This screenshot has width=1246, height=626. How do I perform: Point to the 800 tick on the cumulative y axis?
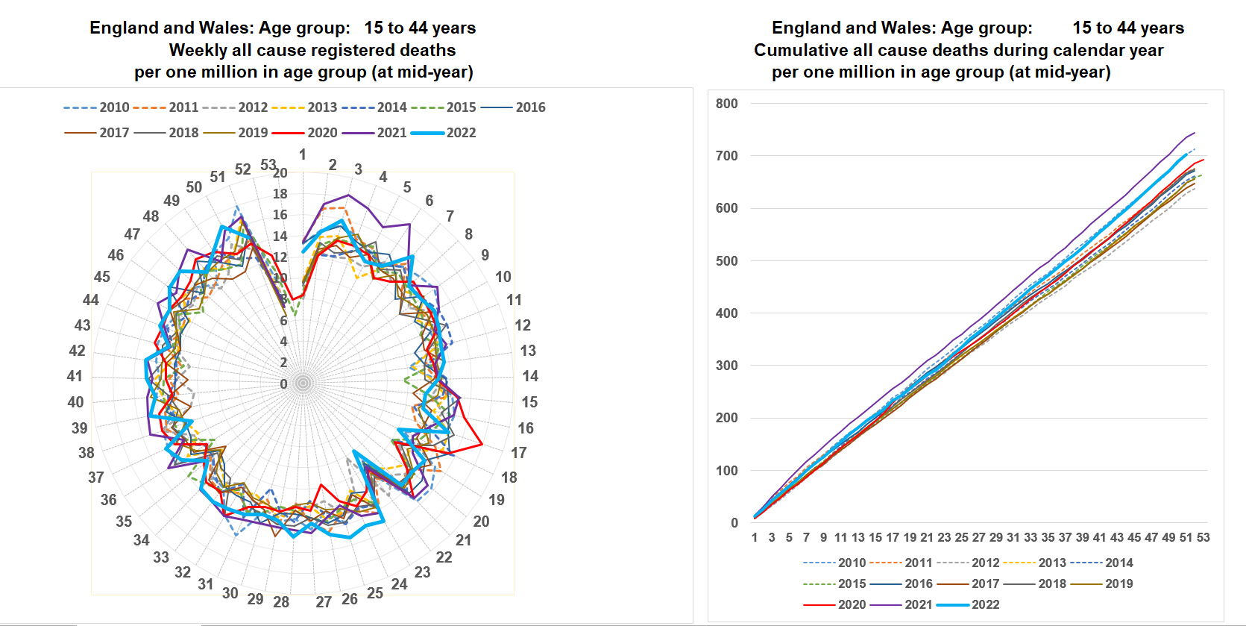coord(726,104)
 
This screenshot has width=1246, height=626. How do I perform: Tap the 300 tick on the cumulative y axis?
coord(726,366)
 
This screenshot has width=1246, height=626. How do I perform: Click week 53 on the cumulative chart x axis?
coord(1203,537)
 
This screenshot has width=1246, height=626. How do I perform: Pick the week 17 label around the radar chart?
coord(519,453)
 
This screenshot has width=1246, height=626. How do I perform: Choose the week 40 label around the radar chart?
coord(75,402)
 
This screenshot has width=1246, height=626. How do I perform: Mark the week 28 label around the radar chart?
coord(281,602)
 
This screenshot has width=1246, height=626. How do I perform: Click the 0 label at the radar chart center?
coord(283,384)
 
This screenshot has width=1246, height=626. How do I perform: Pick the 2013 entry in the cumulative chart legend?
coord(1052,563)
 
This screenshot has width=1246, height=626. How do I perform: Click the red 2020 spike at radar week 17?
coord(482,445)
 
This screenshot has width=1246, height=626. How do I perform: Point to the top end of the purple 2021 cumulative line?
coord(1195,133)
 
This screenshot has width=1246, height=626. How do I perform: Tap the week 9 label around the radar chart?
coord(485,255)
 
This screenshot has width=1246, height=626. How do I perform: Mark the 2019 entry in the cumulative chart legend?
coord(1118,583)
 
